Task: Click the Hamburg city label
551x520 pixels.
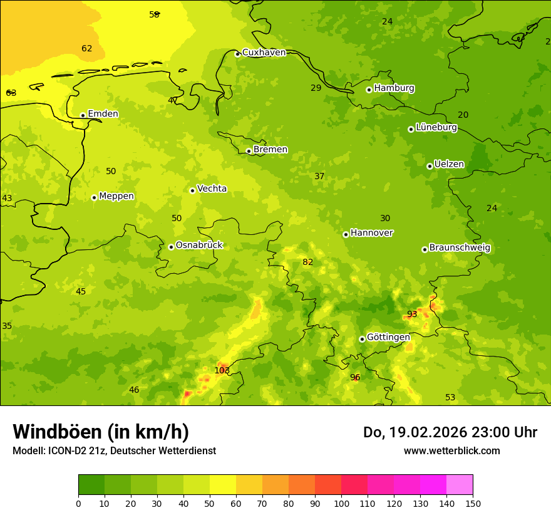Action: pyautogui.click(x=394, y=88)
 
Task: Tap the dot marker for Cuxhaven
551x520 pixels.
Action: pyautogui.click(x=237, y=54)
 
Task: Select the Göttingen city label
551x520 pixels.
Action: pyautogui.click(x=388, y=337)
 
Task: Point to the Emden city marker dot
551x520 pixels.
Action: pyautogui.click(x=83, y=115)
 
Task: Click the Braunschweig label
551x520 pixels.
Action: pyautogui.click(x=460, y=248)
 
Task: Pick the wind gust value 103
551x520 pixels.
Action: pyautogui.click(x=222, y=370)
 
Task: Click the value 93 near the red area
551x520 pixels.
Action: pyautogui.click(x=412, y=314)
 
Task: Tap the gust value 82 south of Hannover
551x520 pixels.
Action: pyautogui.click(x=307, y=262)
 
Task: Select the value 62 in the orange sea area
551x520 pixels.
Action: pyautogui.click(x=86, y=48)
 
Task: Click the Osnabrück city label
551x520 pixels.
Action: pyautogui.click(x=199, y=245)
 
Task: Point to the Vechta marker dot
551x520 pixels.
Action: pyautogui.click(x=192, y=190)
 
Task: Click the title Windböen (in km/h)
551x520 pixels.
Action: pyautogui.click(x=101, y=432)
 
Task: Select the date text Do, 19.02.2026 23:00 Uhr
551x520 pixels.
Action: pyautogui.click(x=450, y=432)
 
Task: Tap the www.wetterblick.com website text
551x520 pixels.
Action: pyautogui.click(x=451, y=450)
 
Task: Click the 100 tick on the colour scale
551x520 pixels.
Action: pyautogui.click(x=341, y=503)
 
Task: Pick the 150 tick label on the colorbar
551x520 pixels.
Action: pyautogui.click(x=473, y=503)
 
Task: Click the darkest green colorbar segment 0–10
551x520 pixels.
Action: pyautogui.click(x=91, y=485)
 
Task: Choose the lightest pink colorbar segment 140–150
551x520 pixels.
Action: pyautogui.click(x=460, y=485)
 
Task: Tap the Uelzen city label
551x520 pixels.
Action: pyautogui.click(x=449, y=164)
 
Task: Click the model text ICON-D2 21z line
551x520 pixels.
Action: pyautogui.click(x=114, y=450)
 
